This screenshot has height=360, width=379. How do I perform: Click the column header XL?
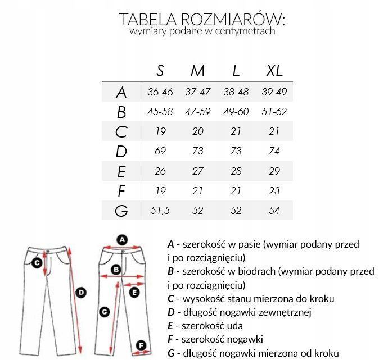[x=274, y=71]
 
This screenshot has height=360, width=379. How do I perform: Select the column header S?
[x=160, y=71]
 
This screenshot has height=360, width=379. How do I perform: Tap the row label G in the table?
[x=121, y=211]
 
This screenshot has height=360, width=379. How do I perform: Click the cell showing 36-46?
[x=160, y=92]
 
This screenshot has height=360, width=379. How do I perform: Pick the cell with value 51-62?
[x=274, y=112]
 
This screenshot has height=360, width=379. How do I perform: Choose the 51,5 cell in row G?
[x=160, y=211]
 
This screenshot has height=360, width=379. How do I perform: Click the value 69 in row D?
[x=160, y=151]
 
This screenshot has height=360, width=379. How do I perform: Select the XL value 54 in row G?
[x=274, y=211]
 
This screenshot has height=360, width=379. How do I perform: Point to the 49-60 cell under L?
[x=236, y=112]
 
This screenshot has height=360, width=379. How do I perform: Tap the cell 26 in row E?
[x=160, y=171]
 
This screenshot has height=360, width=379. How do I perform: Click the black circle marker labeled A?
[x=122, y=240]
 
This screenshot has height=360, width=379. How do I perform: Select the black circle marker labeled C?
[x=37, y=262]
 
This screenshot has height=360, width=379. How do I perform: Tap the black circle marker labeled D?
[x=80, y=292]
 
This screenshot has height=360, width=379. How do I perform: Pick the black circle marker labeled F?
[x=141, y=345]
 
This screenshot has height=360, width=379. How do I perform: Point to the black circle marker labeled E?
[x=134, y=293]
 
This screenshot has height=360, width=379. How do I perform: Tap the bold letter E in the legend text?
[x=170, y=325]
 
